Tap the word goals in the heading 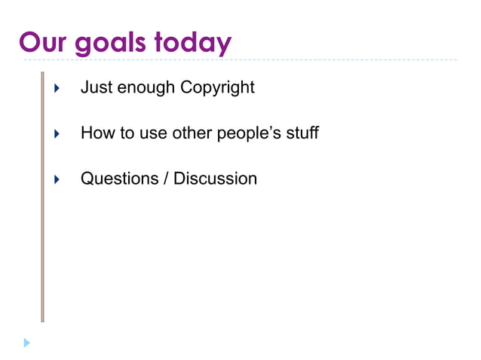112,43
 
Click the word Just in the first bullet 94,87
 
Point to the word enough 144,87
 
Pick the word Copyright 217,88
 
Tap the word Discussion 215,178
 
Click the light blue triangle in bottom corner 27,343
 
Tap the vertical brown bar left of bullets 42,196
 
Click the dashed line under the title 302,59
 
